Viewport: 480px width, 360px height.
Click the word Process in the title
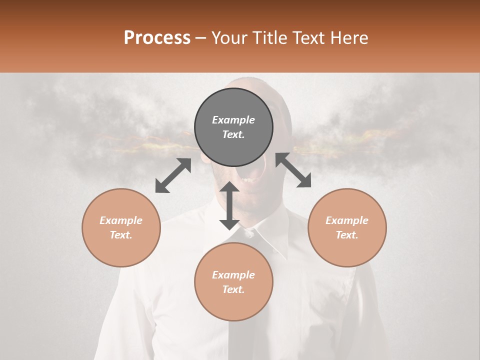click(157, 38)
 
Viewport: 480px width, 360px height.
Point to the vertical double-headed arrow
click(229, 205)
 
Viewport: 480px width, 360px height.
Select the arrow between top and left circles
click(173, 175)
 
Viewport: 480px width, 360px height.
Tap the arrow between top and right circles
click(293, 170)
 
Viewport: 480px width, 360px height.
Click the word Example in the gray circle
click(233, 120)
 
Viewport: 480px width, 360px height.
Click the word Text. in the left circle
click(121, 235)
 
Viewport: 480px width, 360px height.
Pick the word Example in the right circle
click(347, 220)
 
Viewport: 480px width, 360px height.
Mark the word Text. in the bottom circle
click(233, 289)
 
